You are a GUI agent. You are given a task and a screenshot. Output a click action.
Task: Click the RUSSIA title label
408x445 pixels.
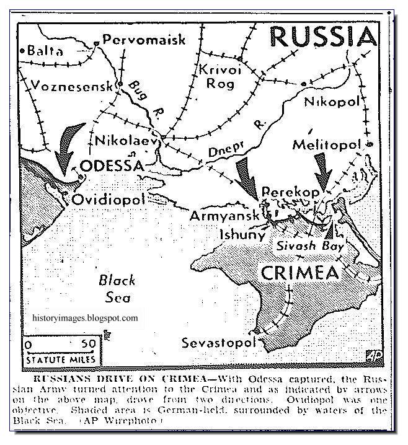click(x=323, y=37)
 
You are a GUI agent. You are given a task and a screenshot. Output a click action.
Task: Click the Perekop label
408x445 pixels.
click(x=291, y=192)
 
